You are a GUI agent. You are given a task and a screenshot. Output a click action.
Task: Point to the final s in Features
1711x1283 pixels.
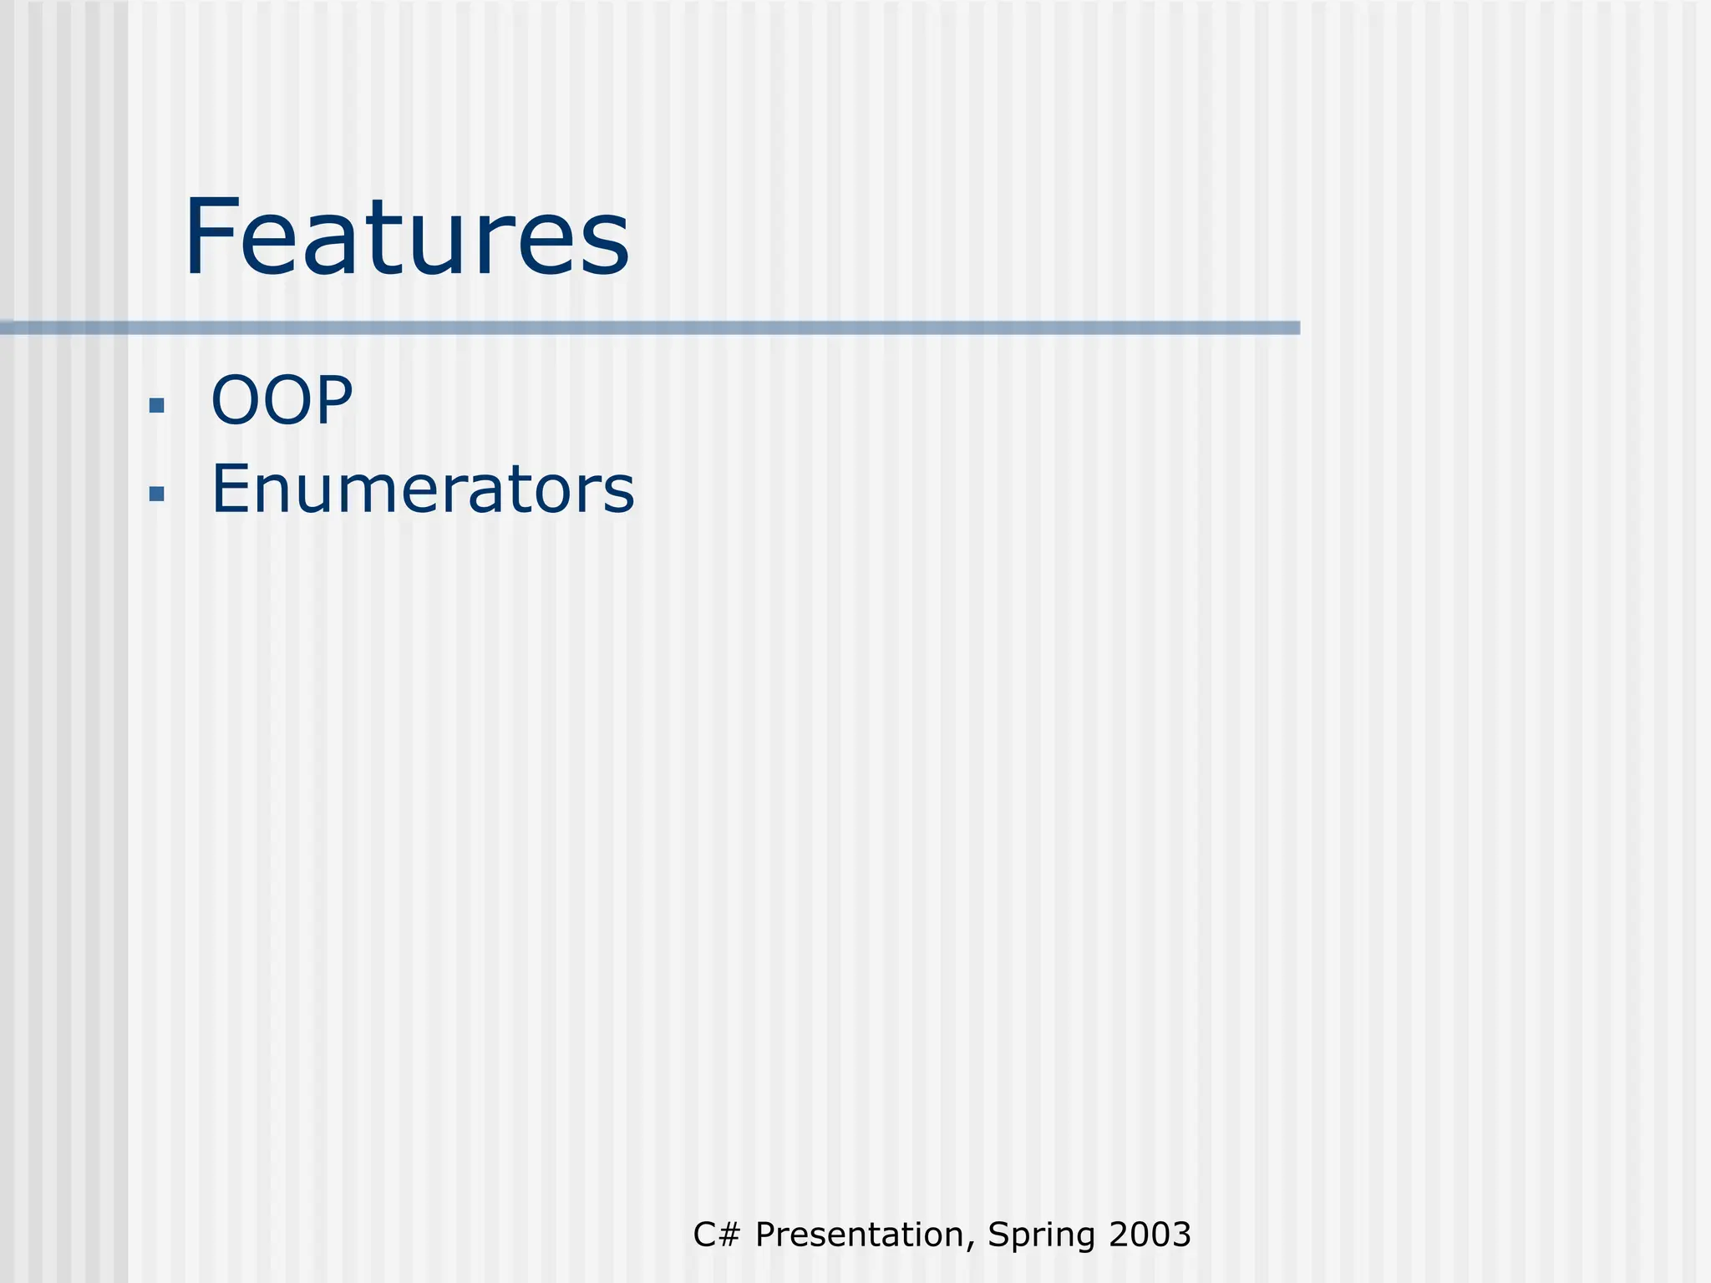(x=606, y=246)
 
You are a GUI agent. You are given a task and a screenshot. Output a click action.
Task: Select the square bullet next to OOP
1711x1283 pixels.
(x=156, y=406)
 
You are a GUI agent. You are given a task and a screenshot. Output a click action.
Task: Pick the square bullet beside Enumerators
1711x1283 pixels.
(x=156, y=494)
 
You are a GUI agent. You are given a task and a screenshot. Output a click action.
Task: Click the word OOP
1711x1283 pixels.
(x=282, y=400)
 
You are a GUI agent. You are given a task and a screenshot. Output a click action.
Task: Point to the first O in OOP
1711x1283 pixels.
(x=236, y=400)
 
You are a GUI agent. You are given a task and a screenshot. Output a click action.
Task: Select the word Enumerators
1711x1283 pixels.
(x=423, y=489)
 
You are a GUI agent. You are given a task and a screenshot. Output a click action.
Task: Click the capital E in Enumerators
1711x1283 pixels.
(x=230, y=489)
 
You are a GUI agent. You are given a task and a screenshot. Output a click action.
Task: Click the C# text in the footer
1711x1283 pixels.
(x=717, y=1235)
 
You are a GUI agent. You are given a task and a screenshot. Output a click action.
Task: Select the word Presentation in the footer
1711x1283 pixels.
(x=859, y=1235)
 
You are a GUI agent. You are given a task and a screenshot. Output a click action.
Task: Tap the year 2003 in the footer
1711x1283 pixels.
(x=1150, y=1235)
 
